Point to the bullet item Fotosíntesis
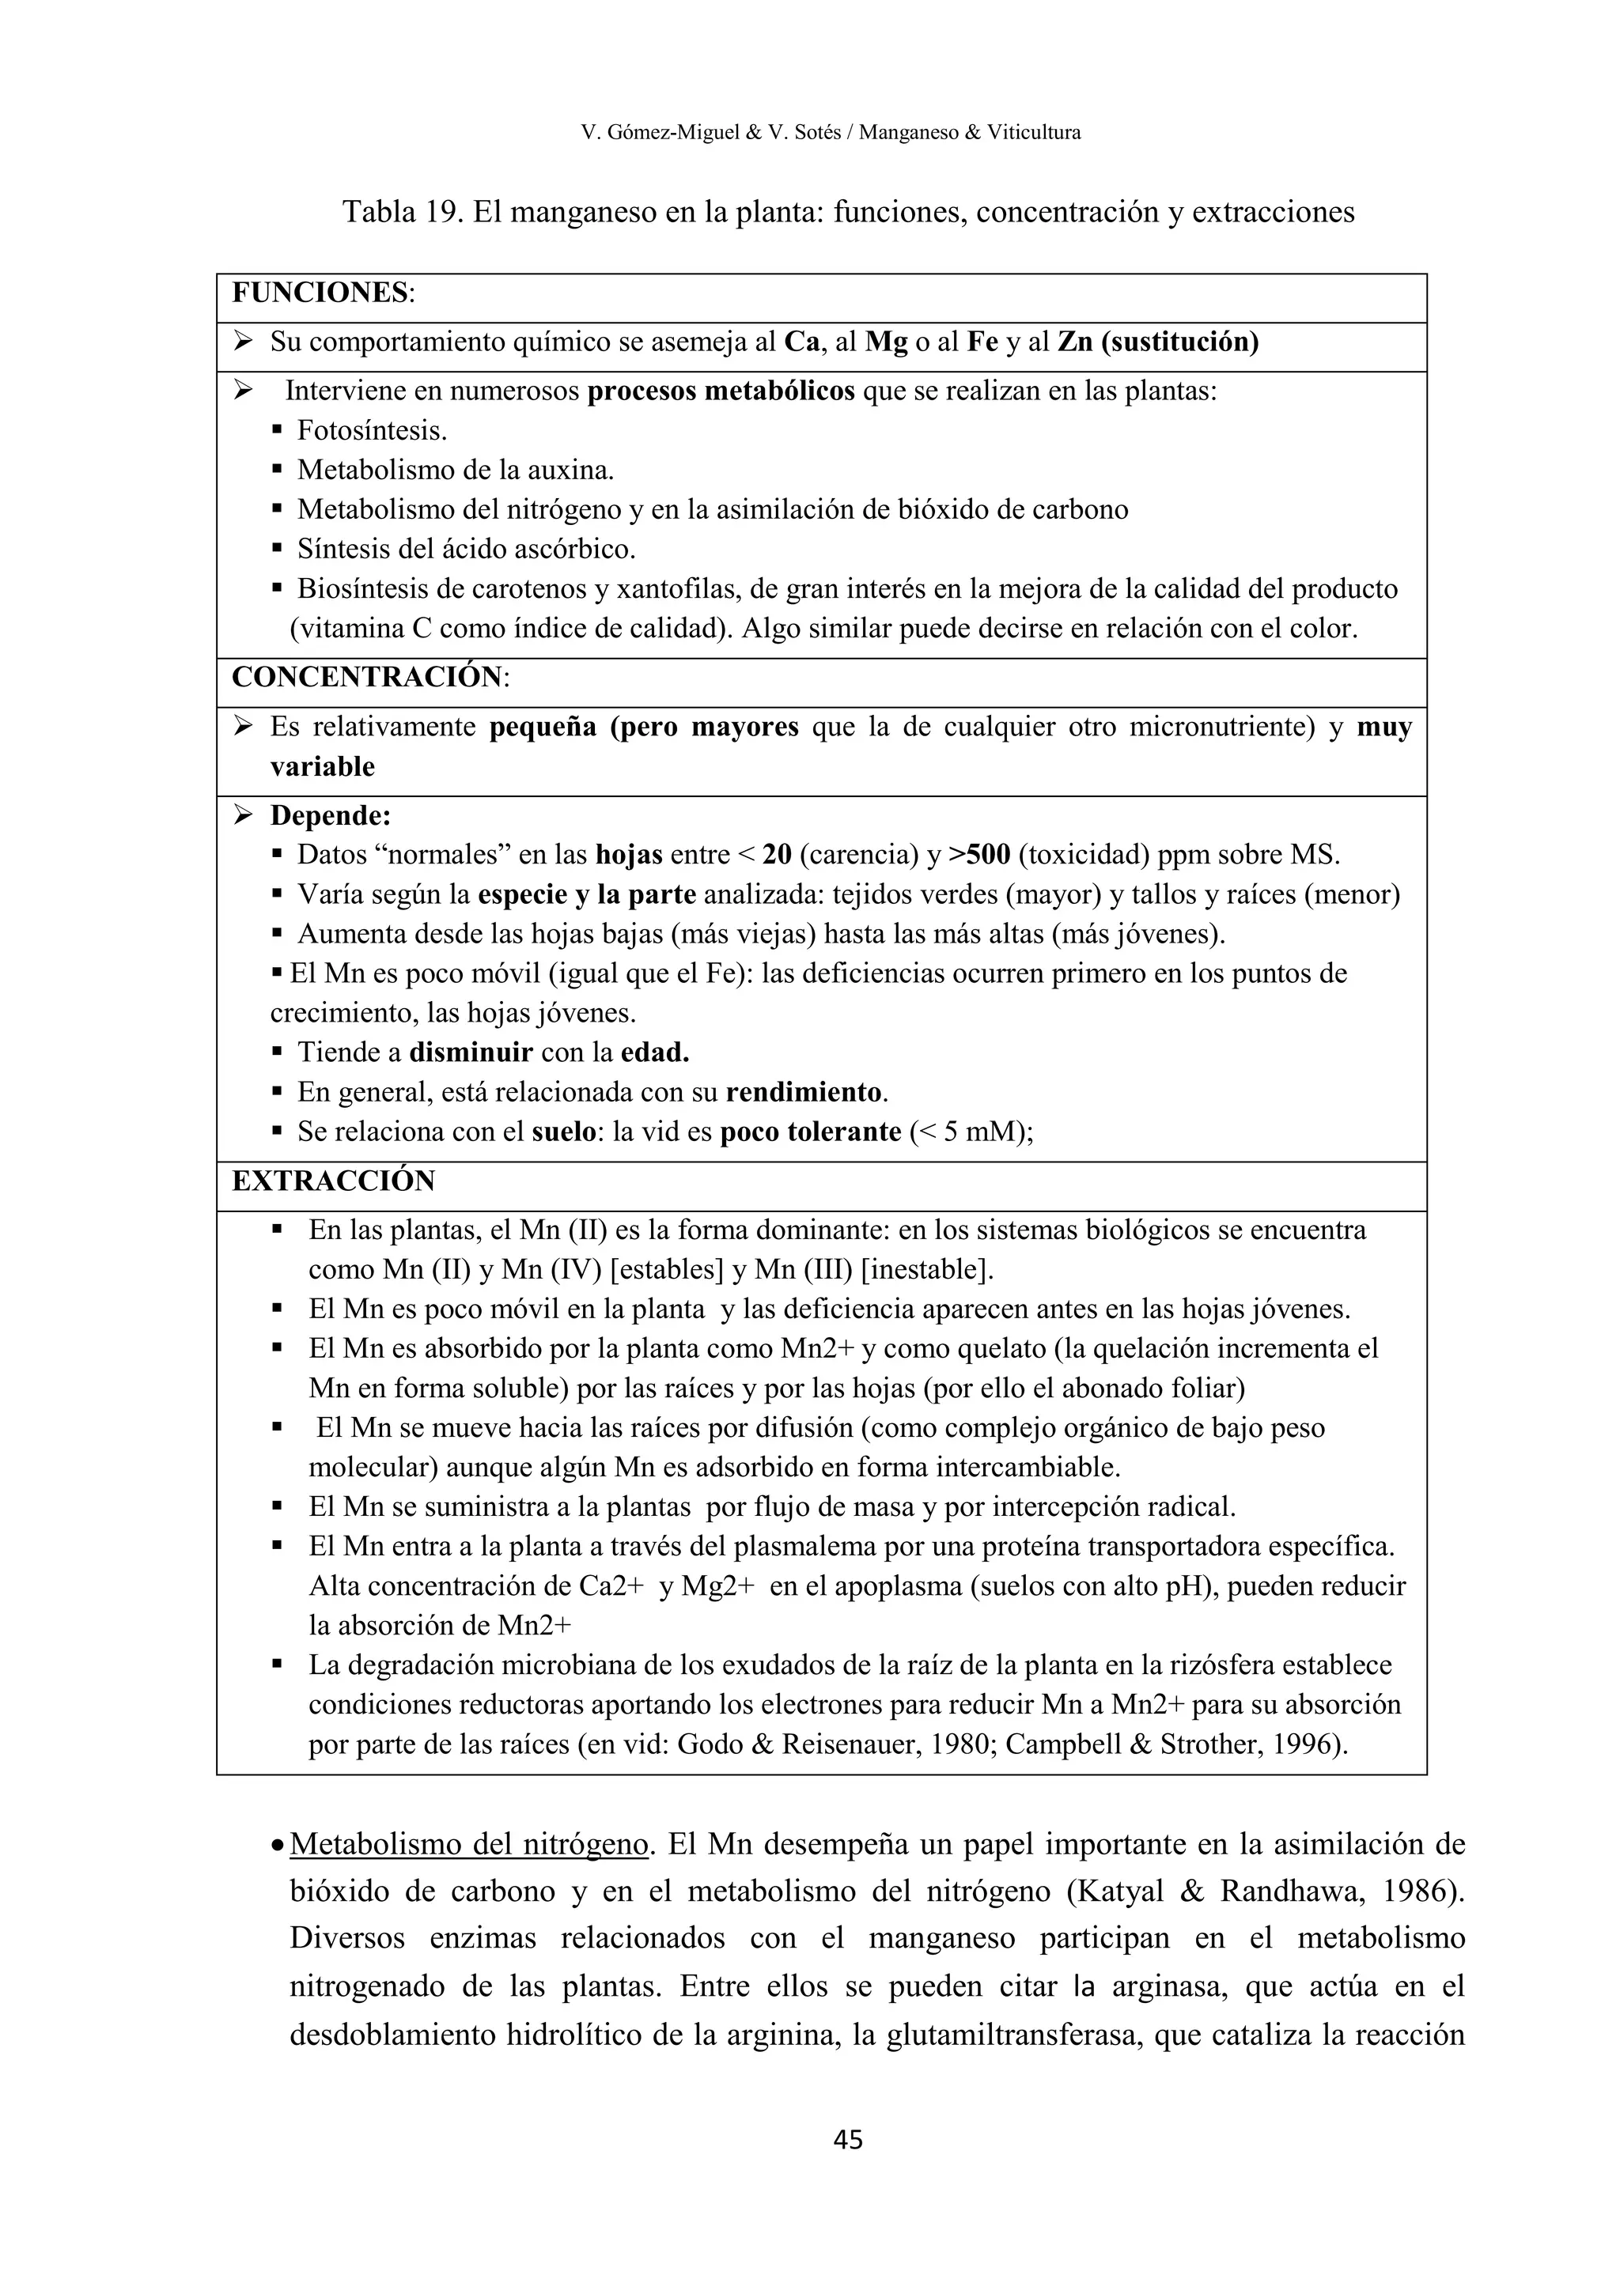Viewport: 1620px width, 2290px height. [x=371, y=431]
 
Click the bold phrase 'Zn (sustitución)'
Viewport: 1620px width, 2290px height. [x=1157, y=342]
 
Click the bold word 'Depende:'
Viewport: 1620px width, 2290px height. [x=330, y=816]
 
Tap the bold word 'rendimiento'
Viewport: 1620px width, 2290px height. [x=804, y=1092]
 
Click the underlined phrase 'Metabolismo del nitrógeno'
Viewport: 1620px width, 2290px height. [x=469, y=1845]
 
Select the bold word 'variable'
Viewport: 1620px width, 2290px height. [x=322, y=767]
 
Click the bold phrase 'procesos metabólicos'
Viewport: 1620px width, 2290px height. [x=721, y=391]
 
